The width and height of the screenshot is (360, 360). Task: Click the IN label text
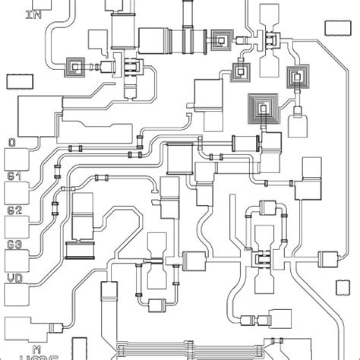click(33, 14)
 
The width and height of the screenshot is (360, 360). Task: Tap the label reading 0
click(11, 142)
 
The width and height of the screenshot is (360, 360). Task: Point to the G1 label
click(14, 176)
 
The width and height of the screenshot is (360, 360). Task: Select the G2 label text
click(14, 210)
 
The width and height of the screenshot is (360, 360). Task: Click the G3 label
click(14, 245)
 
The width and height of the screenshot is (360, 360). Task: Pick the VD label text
click(14, 279)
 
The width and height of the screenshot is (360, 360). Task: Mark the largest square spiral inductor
click(264, 111)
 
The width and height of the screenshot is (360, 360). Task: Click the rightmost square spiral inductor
click(295, 76)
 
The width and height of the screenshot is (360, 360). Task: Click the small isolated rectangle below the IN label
click(20, 81)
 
